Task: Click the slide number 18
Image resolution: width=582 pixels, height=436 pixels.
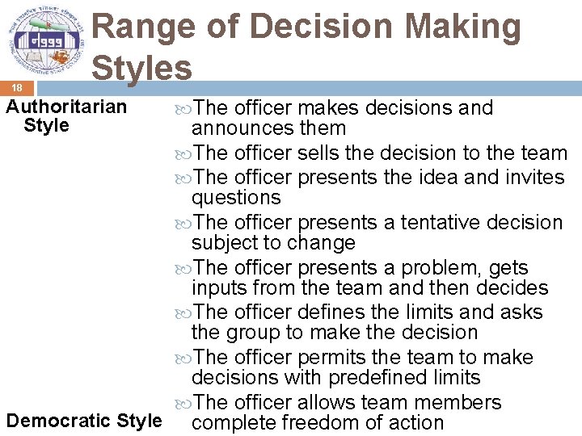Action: [16, 87]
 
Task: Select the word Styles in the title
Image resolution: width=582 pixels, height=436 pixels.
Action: [142, 68]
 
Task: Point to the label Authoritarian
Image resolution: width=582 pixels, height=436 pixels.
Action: [66, 107]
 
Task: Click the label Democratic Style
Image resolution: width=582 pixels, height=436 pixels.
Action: [84, 421]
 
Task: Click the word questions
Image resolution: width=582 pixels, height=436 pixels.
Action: [236, 198]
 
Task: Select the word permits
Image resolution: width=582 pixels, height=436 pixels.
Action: [335, 357]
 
